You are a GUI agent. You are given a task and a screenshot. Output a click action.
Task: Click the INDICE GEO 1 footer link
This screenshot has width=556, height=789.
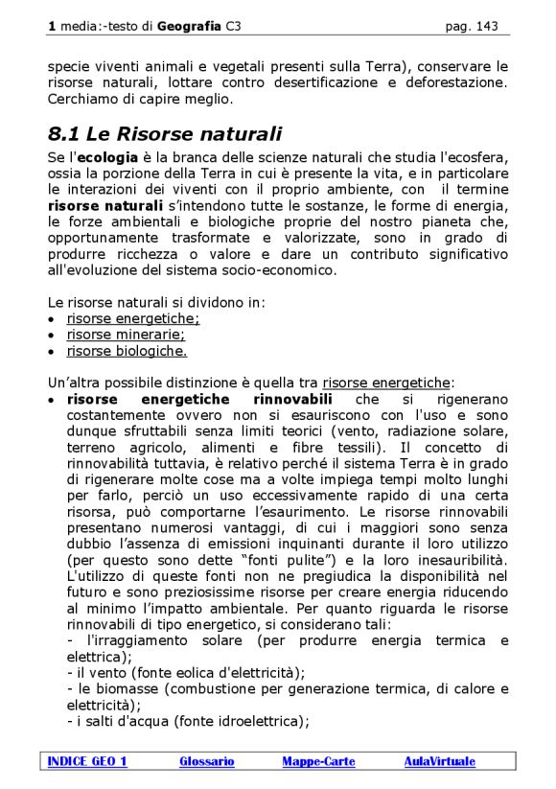87,761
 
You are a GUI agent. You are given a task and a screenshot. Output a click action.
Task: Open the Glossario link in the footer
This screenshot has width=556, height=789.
206,761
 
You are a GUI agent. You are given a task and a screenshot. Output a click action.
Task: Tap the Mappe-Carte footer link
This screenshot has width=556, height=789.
318,761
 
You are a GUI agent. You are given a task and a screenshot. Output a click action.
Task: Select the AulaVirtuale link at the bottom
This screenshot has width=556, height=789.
439,761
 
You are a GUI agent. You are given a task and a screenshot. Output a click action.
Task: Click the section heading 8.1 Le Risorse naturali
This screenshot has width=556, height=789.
165,134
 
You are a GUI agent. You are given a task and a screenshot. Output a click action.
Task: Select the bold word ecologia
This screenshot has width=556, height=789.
107,156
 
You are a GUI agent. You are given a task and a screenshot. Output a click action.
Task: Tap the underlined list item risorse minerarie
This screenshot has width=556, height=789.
126,335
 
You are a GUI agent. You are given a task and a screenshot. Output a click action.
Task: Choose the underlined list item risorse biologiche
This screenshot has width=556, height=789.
127,351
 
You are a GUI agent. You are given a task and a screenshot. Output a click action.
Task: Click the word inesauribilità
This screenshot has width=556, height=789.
450,559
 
